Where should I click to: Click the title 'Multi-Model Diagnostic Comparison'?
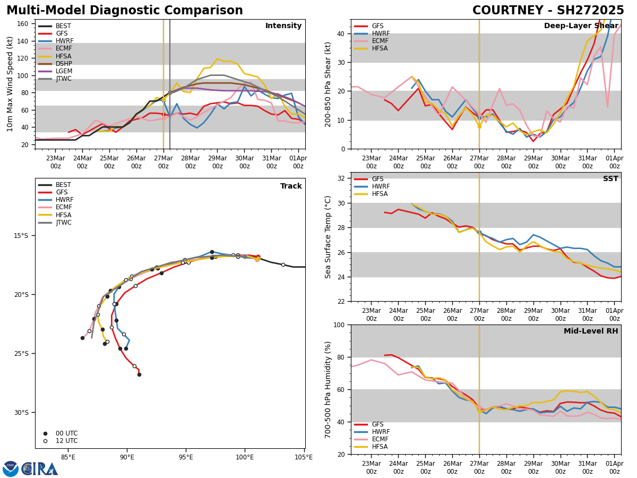[124, 11]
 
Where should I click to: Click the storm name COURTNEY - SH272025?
[548, 11]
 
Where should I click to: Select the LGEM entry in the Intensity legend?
[64, 71]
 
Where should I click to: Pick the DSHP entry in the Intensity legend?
[64, 64]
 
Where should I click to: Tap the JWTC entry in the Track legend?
[64, 223]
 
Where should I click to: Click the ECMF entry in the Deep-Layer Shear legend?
[378, 41]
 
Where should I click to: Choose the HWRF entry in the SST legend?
[381, 187]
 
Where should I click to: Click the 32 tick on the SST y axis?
[342, 178]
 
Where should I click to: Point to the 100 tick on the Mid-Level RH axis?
[340, 325]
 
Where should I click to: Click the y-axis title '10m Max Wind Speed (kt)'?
[10, 84]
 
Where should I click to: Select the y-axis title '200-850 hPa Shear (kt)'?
[328, 84]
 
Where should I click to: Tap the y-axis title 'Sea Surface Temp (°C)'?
[328, 237]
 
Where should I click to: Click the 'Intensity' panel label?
[283, 26]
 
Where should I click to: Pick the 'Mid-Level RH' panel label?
[591, 331]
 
